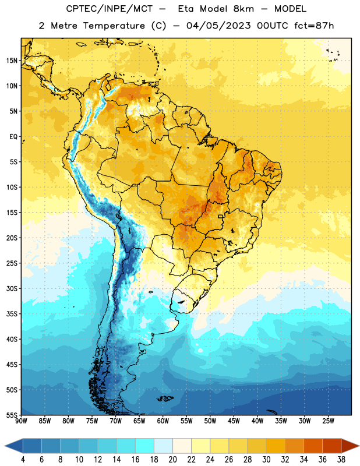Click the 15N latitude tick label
pyautogui.click(x=12, y=61)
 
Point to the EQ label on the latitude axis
pyautogui.click(x=13, y=137)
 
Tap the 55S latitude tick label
pyautogui.click(x=12, y=415)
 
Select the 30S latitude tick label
pyautogui.click(x=12, y=288)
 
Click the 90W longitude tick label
pyautogui.click(x=21, y=421)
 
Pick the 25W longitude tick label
pyautogui.click(x=328, y=421)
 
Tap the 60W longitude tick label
pyautogui.click(x=163, y=421)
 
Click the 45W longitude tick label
pyautogui.click(x=234, y=421)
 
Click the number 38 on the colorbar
pyautogui.click(x=341, y=460)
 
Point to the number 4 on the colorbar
pyautogui.click(x=23, y=460)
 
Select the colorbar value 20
pyautogui.click(x=172, y=460)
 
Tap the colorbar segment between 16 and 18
pyautogui.click(x=145, y=446)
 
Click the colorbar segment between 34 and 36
pyautogui.click(x=313, y=446)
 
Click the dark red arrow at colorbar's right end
pyautogui.click(x=350, y=446)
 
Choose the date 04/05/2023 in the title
pyautogui.click(x=218, y=26)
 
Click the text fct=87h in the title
pyautogui.click(x=314, y=26)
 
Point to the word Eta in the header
pyautogui.click(x=186, y=9)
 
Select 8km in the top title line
pyautogui.click(x=243, y=9)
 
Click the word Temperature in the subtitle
pyautogui.click(x=114, y=26)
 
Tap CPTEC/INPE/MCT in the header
pyautogui.click(x=109, y=9)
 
